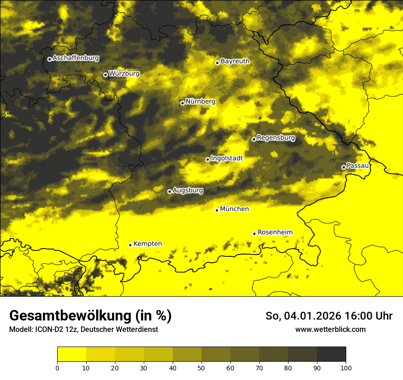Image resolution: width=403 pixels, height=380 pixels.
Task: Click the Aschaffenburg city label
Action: coord(76,58)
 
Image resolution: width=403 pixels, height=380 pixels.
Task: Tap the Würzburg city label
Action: coord(124,74)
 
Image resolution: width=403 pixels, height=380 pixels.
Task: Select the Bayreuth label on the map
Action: coord(235,61)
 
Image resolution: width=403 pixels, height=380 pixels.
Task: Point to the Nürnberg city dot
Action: coord(182,103)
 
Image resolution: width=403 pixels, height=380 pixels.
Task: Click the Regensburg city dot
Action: coord(254,139)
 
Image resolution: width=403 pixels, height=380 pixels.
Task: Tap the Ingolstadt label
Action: coord(227,158)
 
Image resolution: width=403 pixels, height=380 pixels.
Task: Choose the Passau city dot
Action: coord(343,167)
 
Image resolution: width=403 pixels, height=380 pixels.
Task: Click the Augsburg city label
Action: coord(188,190)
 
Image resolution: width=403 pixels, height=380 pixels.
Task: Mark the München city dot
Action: coord(217,210)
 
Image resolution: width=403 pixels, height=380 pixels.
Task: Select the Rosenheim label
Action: coord(275,233)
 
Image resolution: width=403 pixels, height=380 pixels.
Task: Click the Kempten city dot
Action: coord(130,245)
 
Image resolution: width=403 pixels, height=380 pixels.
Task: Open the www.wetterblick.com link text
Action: coord(330,330)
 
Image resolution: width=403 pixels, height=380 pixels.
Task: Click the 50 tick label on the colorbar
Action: coord(201,368)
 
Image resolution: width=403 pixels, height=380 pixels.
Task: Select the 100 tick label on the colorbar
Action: coord(346,368)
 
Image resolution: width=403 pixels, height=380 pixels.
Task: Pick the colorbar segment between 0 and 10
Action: coord(72,354)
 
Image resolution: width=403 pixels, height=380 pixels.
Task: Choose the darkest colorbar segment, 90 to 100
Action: coord(331,354)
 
